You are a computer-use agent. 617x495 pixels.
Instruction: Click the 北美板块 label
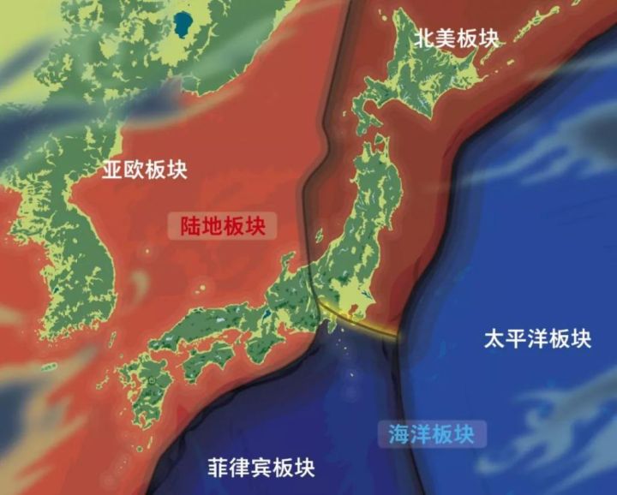(456, 37)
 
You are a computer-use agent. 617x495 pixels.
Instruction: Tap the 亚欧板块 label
(144, 169)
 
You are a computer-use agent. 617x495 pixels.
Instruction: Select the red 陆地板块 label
(223, 226)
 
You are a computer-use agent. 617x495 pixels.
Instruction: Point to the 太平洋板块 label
(537, 337)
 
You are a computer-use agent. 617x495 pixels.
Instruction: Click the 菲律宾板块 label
(261, 468)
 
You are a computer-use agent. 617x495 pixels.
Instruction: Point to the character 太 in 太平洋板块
(494, 337)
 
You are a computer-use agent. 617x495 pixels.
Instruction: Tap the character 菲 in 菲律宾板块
(219, 468)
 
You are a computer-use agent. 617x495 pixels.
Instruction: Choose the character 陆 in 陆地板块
(191, 226)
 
